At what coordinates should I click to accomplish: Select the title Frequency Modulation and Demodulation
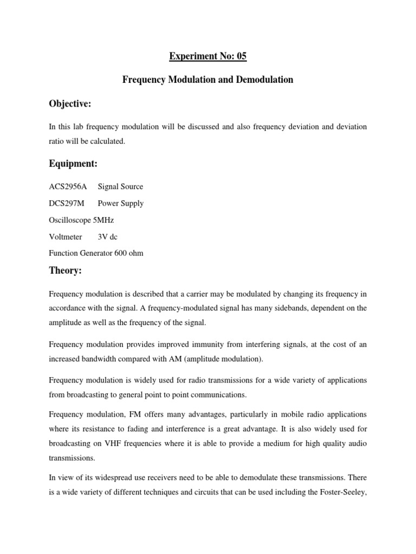coord(208,80)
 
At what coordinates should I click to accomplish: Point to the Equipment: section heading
coord(74,163)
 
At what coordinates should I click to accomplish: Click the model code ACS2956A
coord(68,187)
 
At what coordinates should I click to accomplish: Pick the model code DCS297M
coord(67,203)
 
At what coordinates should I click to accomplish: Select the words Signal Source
coord(120,187)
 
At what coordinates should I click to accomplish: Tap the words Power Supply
coord(120,203)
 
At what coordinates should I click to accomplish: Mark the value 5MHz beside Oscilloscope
coord(104,220)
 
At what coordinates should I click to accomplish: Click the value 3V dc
coord(107,236)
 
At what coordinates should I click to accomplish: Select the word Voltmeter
coord(66,236)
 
